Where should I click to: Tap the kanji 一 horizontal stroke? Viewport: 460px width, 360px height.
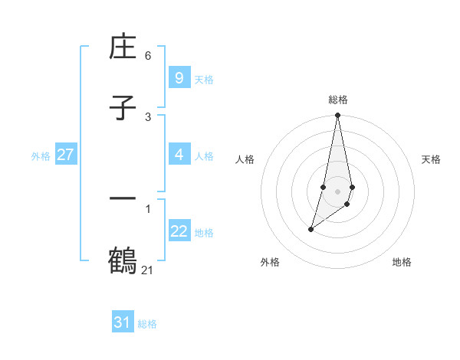[x=123, y=199]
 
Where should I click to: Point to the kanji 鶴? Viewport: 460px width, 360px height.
[x=123, y=260]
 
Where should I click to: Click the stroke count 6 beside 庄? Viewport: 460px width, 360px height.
[x=148, y=56]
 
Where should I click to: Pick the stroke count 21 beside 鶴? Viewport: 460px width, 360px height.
[x=148, y=270]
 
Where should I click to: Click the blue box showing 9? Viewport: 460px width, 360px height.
[x=179, y=78]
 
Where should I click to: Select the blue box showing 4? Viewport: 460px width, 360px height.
[x=179, y=155]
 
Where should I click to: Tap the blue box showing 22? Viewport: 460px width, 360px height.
[x=179, y=231]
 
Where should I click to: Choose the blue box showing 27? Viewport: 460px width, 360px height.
[x=65, y=155]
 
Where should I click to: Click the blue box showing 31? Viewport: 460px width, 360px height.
[x=123, y=322]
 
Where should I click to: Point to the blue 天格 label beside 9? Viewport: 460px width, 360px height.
[x=204, y=79]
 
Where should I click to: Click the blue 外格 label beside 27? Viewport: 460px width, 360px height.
[x=41, y=155]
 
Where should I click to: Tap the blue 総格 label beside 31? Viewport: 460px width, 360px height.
[x=147, y=323]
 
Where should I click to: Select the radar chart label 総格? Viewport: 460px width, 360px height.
[x=338, y=100]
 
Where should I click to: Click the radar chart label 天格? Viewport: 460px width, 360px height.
[x=432, y=159]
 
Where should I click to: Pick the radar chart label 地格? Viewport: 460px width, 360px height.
[x=402, y=263]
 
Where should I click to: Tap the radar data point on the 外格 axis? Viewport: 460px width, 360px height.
[x=310, y=229]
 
